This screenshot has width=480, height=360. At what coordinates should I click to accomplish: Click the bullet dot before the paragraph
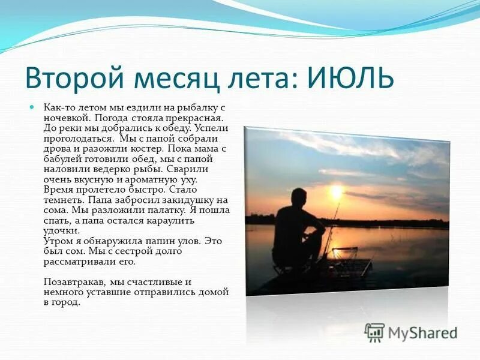(33, 107)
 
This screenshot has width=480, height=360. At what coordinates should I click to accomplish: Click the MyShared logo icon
(374, 332)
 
